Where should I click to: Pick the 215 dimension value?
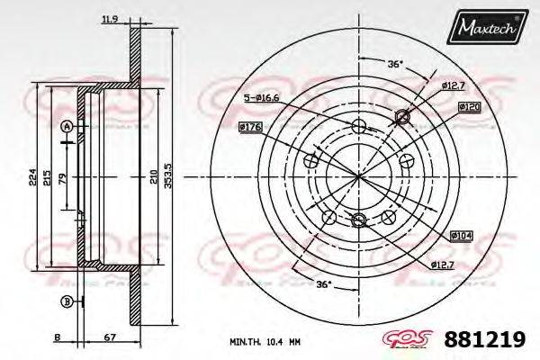49,176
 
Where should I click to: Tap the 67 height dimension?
109,338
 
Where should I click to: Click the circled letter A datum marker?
66,126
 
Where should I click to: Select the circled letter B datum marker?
66,300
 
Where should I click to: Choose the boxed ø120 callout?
468,107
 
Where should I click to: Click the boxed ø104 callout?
461,235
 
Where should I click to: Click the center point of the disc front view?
359,175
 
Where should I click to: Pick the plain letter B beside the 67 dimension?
57,338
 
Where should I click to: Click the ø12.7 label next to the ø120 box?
453,85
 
